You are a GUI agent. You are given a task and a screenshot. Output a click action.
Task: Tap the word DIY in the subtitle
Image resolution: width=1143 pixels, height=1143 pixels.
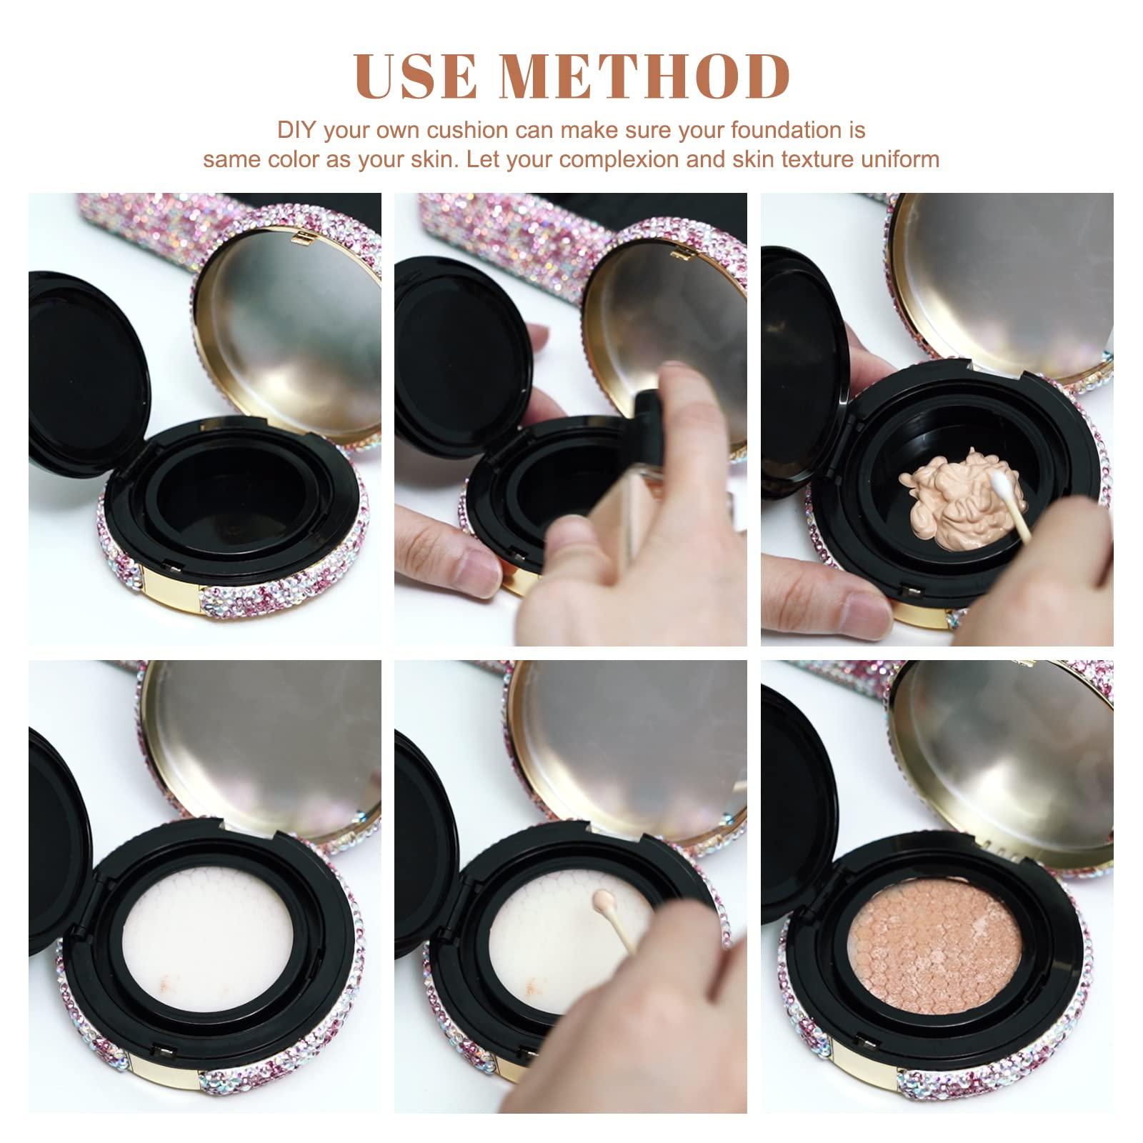(x=296, y=131)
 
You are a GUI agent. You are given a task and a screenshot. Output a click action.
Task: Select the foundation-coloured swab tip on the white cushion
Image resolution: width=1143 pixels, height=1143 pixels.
(x=602, y=897)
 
